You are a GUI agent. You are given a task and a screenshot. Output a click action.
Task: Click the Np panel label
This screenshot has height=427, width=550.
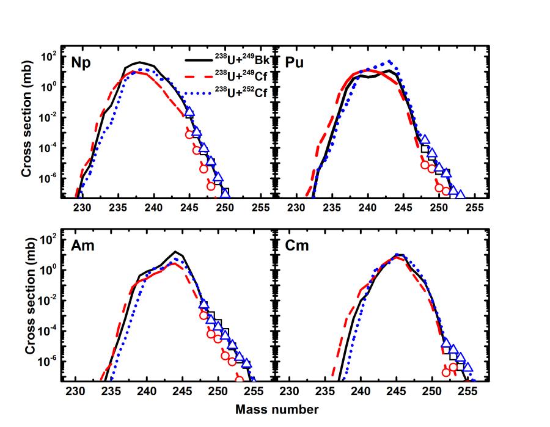82,62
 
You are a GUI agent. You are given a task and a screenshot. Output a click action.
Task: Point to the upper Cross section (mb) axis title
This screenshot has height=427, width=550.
26,130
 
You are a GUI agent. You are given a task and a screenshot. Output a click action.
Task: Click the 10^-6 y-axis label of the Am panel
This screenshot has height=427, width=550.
48,360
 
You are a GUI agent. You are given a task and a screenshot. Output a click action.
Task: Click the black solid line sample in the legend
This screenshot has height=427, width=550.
197,60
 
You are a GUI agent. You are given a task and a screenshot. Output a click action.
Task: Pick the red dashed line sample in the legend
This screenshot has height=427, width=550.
197,76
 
